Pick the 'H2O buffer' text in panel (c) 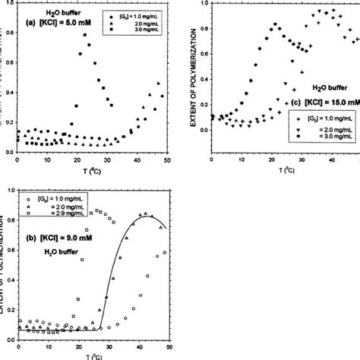click(314, 88)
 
